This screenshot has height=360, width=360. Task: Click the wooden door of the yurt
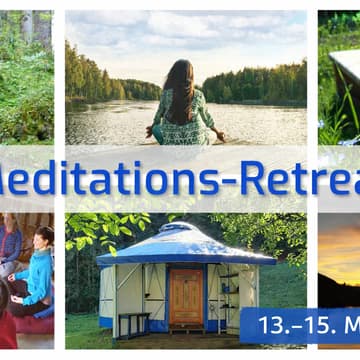pyautogui.click(x=185, y=297)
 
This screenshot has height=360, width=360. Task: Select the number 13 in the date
pyautogui.click(x=272, y=326)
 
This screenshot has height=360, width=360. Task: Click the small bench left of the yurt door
pyautogui.click(x=134, y=323)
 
